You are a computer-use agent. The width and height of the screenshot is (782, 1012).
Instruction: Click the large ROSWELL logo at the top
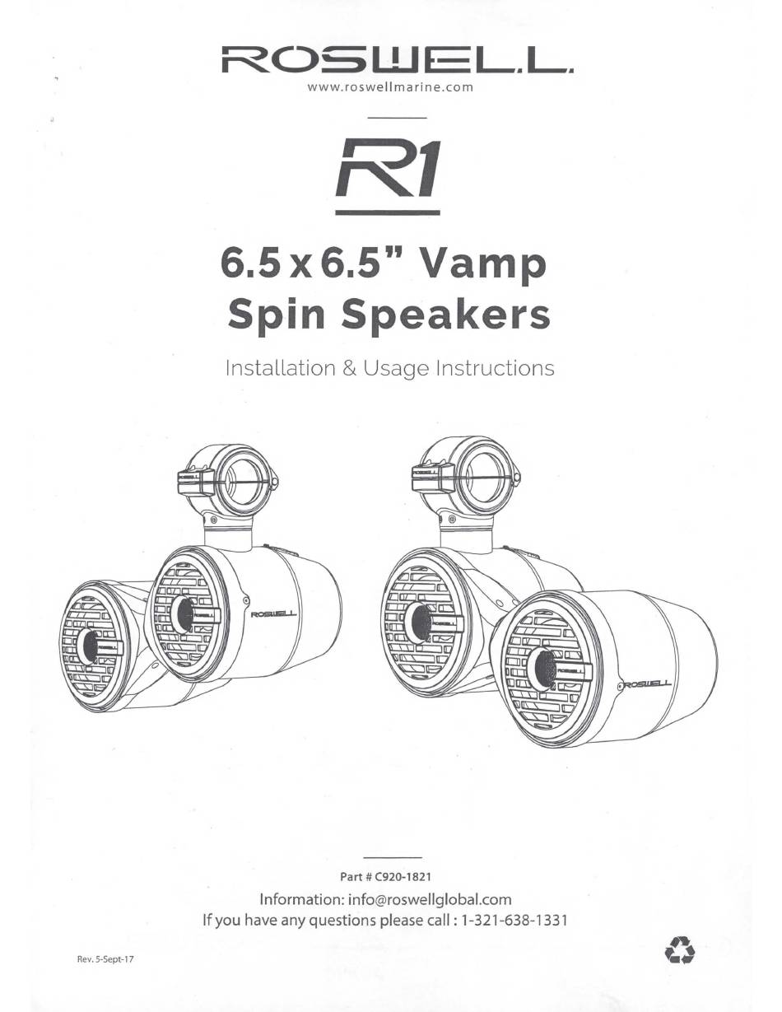pyautogui.click(x=397, y=60)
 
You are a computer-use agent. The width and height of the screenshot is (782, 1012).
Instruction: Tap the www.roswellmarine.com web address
pyautogui.click(x=390, y=87)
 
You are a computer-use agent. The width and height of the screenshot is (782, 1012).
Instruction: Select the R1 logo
pyautogui.click(x=388, y=177)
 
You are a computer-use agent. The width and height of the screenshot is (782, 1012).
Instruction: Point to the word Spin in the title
pyautogui.click(x=276, y=315)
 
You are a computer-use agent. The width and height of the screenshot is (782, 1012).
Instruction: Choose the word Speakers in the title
pyautogui.click(x=446, y=315)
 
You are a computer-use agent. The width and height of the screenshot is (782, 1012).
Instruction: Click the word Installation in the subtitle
pyautogui.click(x=280, y=368)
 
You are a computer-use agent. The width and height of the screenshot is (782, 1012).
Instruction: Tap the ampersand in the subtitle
pyautogui.click(x=349, y=368)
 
